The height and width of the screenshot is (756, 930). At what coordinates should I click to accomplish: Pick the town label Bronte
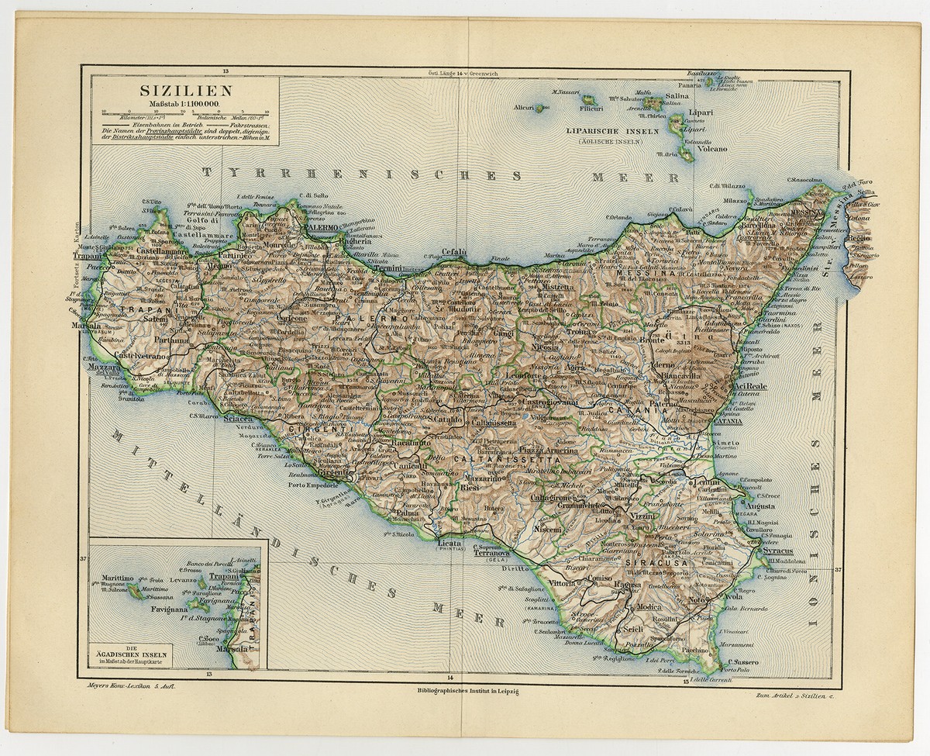pos(699,340)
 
